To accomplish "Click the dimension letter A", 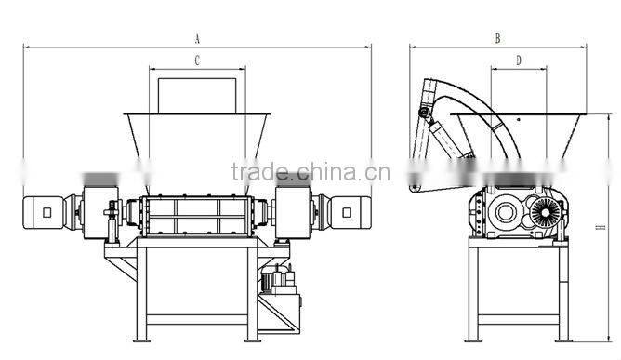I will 197,39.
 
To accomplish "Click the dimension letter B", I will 498,39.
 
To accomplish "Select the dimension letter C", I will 197,60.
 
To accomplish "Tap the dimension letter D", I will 519,60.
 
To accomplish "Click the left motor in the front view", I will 41,211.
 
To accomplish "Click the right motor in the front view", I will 350,211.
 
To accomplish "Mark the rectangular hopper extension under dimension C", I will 196,95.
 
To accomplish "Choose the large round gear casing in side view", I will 506,213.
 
